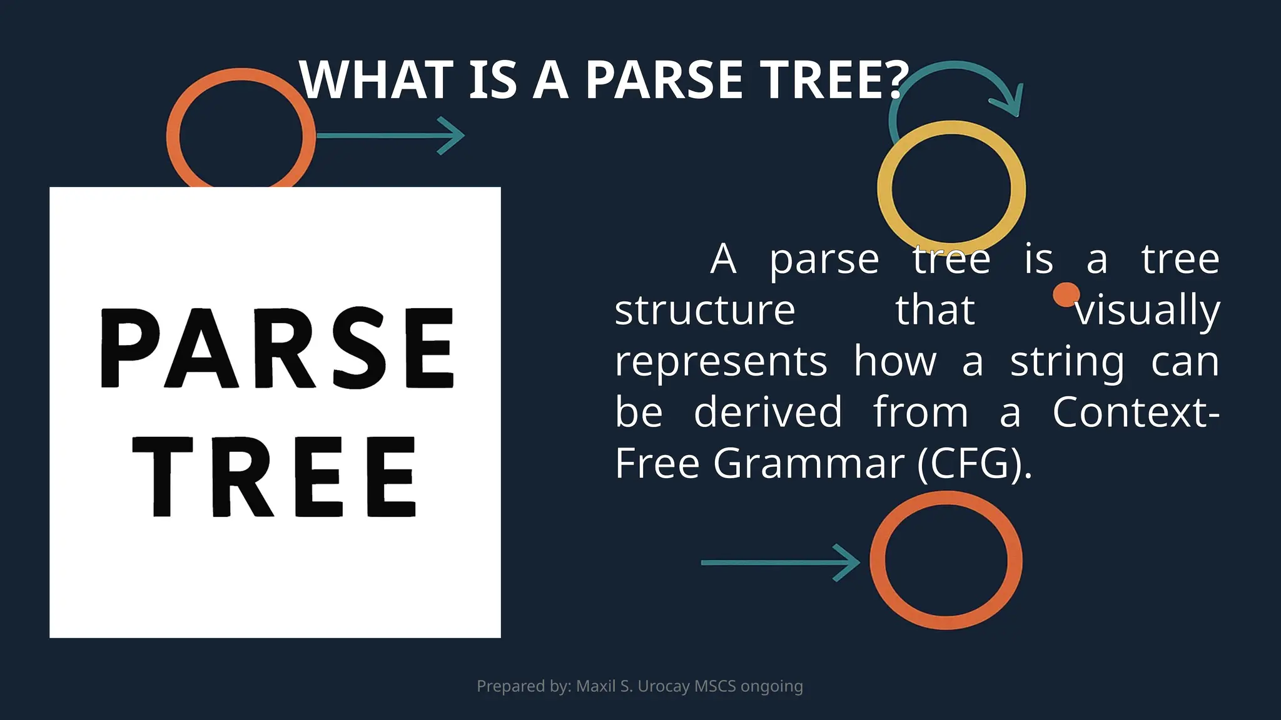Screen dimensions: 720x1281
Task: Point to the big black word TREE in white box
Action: click(x=275, y=476)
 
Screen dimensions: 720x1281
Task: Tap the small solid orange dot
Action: click(x=1066, y=294)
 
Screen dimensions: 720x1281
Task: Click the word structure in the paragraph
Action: click(x=705, y=311)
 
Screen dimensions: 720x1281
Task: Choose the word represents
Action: click(x=721, y=362)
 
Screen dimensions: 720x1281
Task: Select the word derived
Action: click(x=768, y=412)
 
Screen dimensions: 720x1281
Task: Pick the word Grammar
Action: click(x=809, y=464)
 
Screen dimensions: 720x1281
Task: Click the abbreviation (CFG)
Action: click(x=973, y=464)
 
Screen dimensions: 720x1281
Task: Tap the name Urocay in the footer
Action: click(x=664, y=686)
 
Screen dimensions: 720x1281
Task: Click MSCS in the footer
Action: click(x=715, y=686)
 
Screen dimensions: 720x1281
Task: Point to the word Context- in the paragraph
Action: click(x=1136, y=412)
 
